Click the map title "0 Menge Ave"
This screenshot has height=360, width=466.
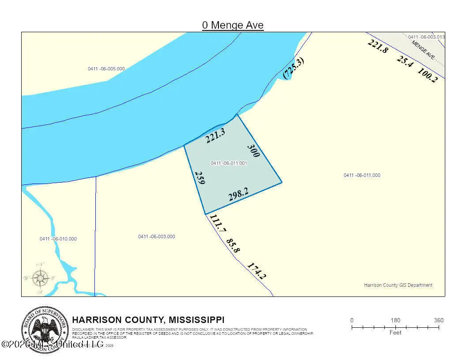coord(233,25)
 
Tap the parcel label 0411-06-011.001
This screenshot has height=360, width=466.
coord(229,163)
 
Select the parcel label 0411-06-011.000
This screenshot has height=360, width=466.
coord(362,176)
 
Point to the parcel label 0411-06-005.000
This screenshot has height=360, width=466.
coord(106,69)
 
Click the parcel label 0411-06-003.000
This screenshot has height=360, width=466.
coord(156,237)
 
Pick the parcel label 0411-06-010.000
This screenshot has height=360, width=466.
coord(58,239)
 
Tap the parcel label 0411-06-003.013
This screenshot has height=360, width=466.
coord(426,37)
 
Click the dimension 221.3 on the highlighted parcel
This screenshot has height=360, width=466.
coord(215,135)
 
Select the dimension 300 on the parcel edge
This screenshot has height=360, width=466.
coord(253,150)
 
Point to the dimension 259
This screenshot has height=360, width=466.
coord(199,178)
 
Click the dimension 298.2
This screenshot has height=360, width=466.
coord(238,195)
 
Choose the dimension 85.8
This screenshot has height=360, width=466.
coord(233,246)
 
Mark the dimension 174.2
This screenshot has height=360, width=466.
coord(256,271)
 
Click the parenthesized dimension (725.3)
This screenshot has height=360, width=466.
coord(293,68)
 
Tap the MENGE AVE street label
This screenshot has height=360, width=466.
coord(423,50)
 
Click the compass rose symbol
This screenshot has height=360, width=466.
coord(41,278)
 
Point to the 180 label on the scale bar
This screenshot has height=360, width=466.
coord(395,320)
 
